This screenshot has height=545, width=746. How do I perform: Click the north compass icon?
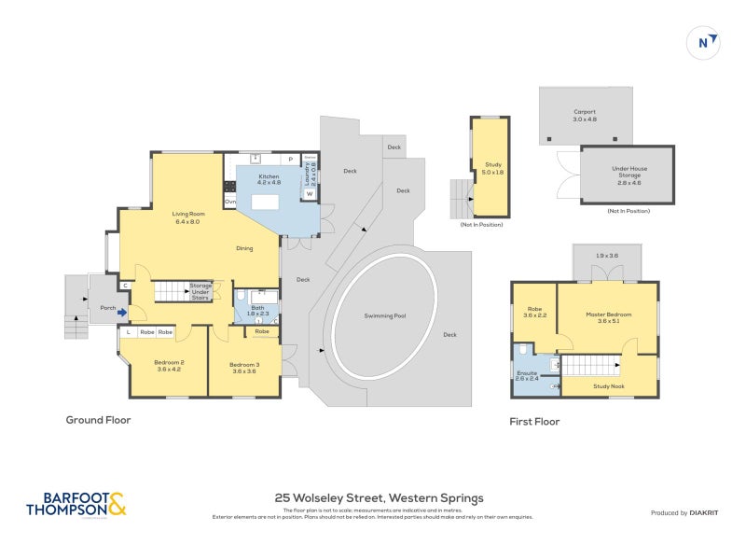(x=706, y=43)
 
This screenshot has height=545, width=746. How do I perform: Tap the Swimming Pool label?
(x=384, y=315)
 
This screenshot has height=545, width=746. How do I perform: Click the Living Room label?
(x=188, y=218)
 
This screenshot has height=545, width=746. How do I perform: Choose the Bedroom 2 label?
(x=169, y=365)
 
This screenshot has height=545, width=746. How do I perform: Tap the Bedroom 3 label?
(x=243, y=365)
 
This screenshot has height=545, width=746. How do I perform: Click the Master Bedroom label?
(x=608, y=317)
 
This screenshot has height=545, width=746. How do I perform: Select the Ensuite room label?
(x=528, y=375)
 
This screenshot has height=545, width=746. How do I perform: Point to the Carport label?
(x=584, y=116)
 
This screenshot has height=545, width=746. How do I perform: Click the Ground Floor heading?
(x=98, y=420)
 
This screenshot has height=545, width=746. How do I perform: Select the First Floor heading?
(x=534, y=422)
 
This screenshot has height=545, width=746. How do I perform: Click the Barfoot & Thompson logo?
(x=75, y=504)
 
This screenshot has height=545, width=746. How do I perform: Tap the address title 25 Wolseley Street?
(x=379, y=498)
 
